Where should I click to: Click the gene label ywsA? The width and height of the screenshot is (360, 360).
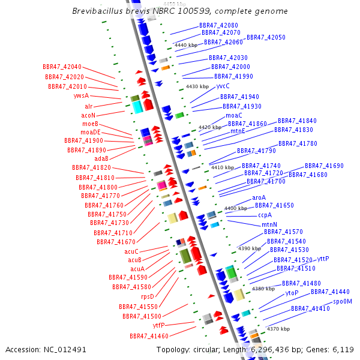coord(81,95)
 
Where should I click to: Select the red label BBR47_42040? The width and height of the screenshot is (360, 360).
coord(62,67)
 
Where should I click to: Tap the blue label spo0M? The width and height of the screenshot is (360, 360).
coord(343,301)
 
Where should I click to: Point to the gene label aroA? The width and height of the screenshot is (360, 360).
coord(259,197)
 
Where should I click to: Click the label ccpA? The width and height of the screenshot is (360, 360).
coord(265,215)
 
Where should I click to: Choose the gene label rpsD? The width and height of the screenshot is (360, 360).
coord(148,296)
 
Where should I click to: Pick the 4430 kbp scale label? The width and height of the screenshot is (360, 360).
coord(197,86)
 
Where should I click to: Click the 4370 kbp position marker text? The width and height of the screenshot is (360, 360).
coord(278,329)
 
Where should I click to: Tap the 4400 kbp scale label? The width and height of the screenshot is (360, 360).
coord(236,208)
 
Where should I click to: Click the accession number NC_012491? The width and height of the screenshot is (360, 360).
coord(65,350)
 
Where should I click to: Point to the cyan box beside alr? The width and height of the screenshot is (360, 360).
coord(137,107)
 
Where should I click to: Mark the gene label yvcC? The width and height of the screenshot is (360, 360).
coord(223,86)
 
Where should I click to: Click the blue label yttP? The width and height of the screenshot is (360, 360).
coord(323,259)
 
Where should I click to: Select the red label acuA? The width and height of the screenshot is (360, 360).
coord(137,269)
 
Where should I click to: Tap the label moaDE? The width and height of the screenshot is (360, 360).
coord(91,132)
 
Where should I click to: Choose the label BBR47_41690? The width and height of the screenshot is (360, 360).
coord(324,166)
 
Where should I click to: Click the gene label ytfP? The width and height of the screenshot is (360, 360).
coord(158,325)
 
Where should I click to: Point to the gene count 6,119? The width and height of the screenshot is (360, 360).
coord(343,350)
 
